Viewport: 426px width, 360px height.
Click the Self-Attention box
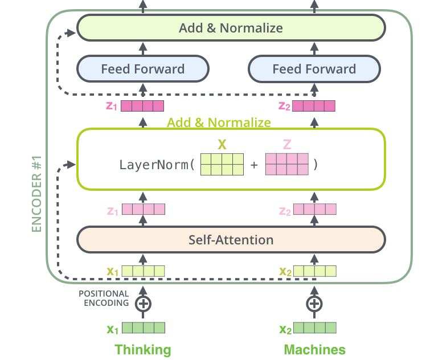[x=231, y=240]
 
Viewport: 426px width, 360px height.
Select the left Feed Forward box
[x=143, y=69]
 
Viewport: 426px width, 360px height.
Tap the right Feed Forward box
[x=314, y=69]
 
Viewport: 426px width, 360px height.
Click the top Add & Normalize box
[x=231, y=28]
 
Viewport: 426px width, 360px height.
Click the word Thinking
[x=143, y=349]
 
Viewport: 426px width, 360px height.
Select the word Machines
[x=314, y=349]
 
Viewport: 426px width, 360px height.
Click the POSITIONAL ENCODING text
[x=104, y=298]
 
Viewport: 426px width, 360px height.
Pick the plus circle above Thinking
[x=143, y=304]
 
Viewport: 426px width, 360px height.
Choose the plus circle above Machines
[x=314, y=304]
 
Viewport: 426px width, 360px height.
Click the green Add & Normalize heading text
[x=219, y=122]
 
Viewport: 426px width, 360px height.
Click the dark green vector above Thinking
[x=143, y=328]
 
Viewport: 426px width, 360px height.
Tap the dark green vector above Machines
[x=314, y=328]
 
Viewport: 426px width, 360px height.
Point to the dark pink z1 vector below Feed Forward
[x=142, y=106]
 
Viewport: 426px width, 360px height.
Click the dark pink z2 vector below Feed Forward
[x=314, y=106]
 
